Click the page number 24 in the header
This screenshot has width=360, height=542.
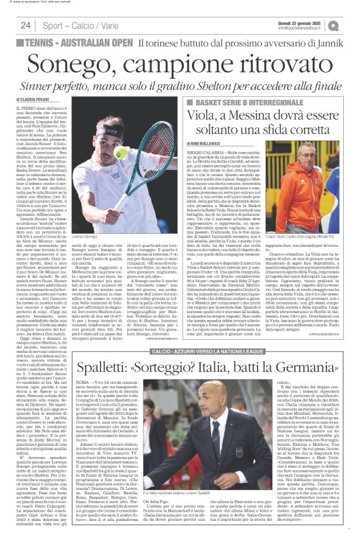25,25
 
